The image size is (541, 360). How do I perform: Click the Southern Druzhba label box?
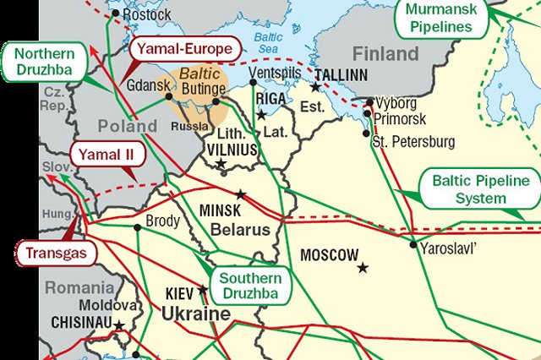251,286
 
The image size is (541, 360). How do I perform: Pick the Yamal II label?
105,155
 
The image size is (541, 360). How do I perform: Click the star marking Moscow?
363,268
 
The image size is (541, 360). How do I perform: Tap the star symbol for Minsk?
241,194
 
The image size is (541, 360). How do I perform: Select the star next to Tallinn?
315,87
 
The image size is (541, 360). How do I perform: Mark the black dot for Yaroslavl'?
413,246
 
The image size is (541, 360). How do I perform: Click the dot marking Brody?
137,227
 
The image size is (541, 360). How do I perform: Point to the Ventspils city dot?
252,84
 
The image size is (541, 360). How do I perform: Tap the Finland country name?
385,54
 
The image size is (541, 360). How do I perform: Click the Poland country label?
127,126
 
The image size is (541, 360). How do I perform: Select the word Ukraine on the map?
196,315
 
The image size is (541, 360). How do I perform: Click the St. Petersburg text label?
414,141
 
